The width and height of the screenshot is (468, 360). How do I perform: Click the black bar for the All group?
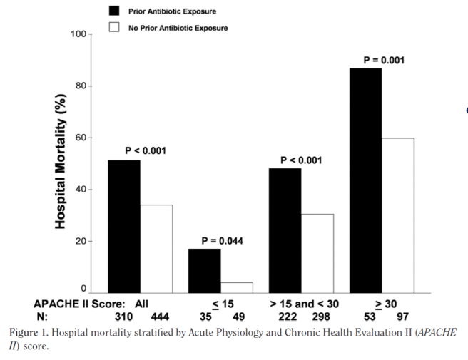point(123,226)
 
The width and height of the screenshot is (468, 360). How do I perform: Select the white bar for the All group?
point(156,249)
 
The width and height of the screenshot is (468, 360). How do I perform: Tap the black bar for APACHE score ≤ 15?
point(204,270)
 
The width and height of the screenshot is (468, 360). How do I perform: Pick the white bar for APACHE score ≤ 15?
point(237,287)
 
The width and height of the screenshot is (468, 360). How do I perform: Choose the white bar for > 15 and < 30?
point(317,253)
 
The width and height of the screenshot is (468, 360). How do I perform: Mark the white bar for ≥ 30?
point(398,215)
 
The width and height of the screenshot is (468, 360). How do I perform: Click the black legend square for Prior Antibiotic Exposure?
point(113,11)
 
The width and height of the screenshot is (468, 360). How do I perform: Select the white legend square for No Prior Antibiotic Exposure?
point(113,28)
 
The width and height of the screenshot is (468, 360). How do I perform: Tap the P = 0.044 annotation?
point(222,241)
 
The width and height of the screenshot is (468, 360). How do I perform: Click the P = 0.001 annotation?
point(384,61)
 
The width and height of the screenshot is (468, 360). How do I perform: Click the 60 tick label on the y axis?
point(81,138)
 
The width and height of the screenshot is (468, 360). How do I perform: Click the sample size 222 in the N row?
point(286,316)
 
